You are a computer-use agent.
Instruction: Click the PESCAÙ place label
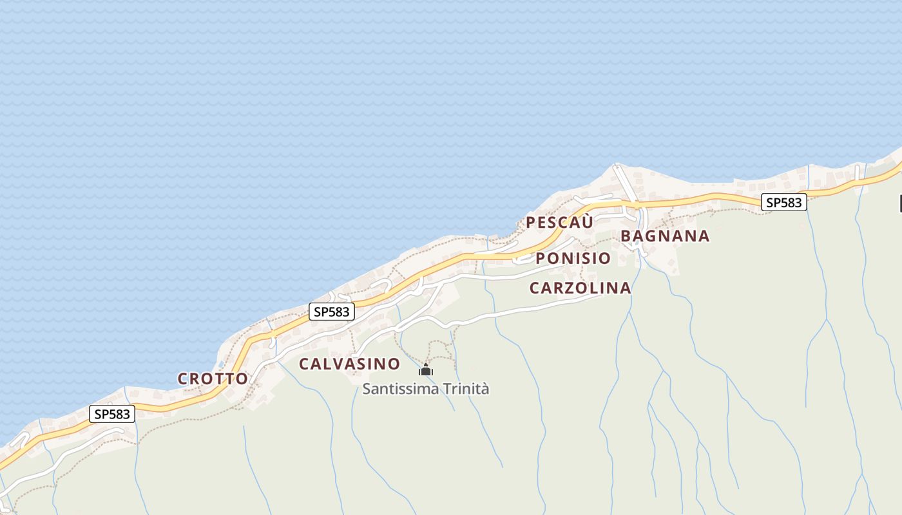pyautogui.click(x=559, y=223)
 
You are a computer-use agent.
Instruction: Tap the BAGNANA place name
pyautogui.click(x=665, y=236)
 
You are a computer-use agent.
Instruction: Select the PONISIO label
pyautogui.click(x=573, y=259)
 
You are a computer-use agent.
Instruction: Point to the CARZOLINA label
pyautogui.click(x=580, y=288)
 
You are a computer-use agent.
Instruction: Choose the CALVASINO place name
pyautogui.click(x=349, y=364)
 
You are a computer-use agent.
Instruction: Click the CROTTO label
pyautogui.click(x=213, y=379)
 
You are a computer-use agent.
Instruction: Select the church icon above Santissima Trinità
pyautogui.click(x=426, y=370)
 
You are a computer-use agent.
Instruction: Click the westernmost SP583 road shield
pyautogui.click(x=112, y=414)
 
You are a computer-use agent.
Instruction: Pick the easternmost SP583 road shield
pyautogui.click(x=783, y=202)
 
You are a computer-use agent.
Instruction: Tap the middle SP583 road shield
pyautogui.click(x=331, y=312)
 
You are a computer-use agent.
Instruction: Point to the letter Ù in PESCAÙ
pyautogui.click(x=586, y=223)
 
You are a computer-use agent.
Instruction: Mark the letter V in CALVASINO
pyautogui.click(x=338, y=364)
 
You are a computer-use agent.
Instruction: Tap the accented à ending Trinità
pyautogui.click(x=485, y=389)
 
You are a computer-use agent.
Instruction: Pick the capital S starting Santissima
pyautogui.click(x=367, y=389)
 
